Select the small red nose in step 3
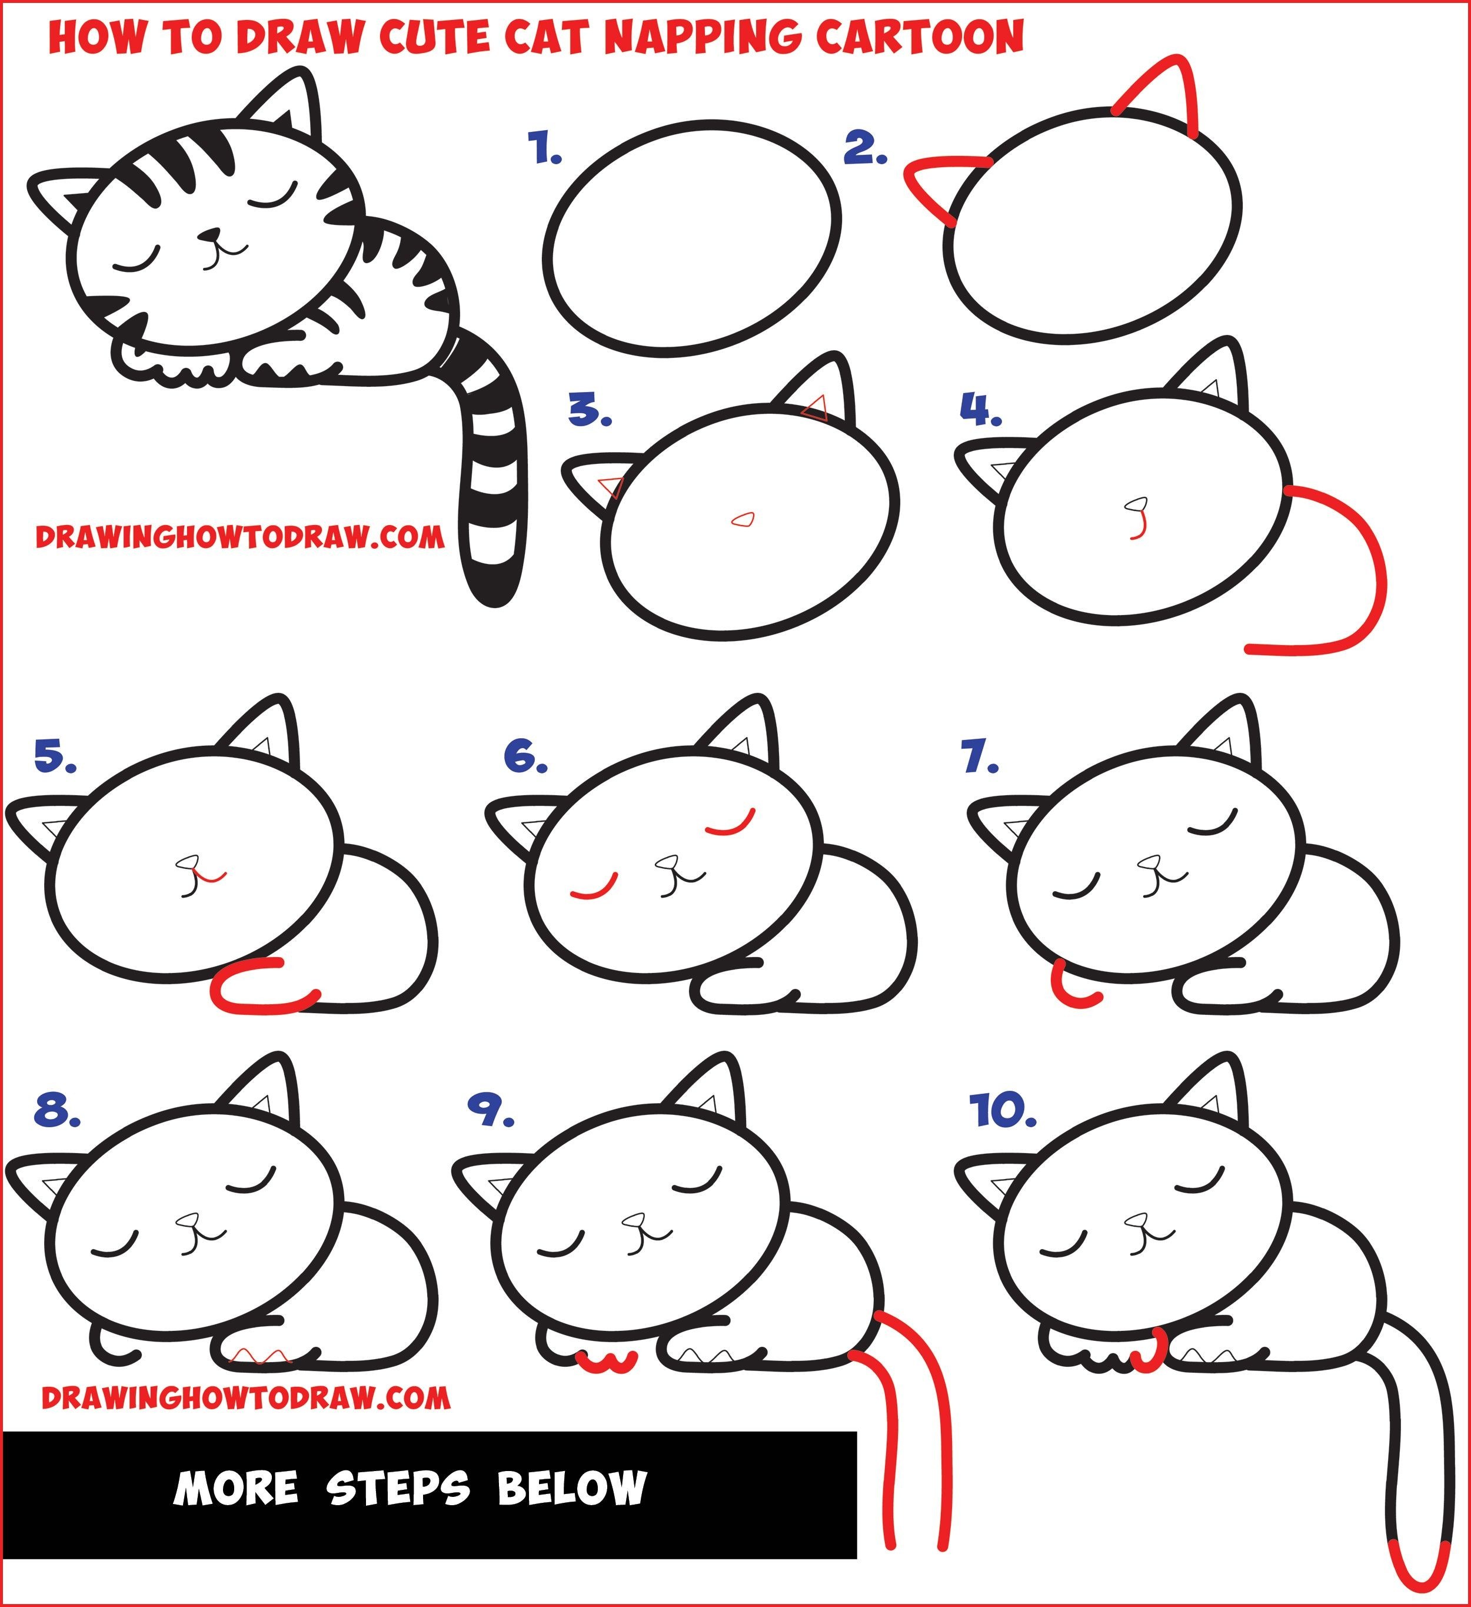tap(744, 520)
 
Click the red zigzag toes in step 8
tap(263, 1356)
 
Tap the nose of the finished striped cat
tap(209, 235)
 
